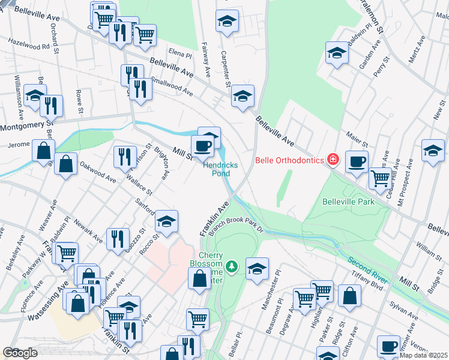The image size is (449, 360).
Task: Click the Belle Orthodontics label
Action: pos(289,160)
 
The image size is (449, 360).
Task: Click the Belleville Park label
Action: pos(348,202)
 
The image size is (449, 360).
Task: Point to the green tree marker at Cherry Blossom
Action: pos(232,266)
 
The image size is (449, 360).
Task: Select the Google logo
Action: pos(20,353)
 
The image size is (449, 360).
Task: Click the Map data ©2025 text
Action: pos(424,355)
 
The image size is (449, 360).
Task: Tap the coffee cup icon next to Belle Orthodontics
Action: pos(357,161)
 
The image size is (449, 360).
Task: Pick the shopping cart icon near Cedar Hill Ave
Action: pos(379,177)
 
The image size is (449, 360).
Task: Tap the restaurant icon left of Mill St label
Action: pos(123,157)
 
